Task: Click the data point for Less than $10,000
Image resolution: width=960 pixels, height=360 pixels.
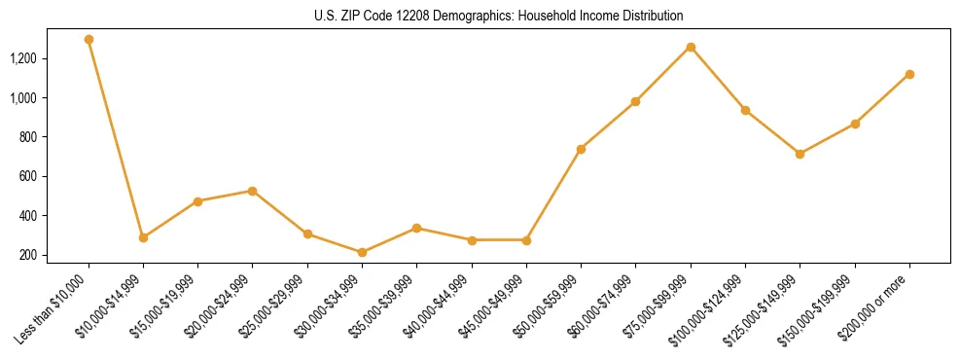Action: (x=89, y=40)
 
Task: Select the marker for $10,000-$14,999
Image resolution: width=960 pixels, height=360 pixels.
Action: (x=143, y=237)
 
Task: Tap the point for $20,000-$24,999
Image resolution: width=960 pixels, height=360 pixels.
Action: (x=253, y=191)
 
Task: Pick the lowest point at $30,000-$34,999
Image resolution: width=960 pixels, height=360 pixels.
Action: (x=362, y=252)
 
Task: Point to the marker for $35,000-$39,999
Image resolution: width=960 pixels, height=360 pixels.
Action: (x=416, y=228)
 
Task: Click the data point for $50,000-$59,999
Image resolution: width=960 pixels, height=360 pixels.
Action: (x=581, y=149)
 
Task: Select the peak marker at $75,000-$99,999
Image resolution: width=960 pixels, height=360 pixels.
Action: (x=691, y=47)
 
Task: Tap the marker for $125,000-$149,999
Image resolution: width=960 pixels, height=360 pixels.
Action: (x=800, y=154)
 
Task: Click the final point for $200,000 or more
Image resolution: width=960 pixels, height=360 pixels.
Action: (x=909, y=74)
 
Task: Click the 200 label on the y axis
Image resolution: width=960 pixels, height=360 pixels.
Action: (x=54, y=255)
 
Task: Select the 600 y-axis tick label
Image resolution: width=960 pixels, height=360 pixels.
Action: (x=54, y=176)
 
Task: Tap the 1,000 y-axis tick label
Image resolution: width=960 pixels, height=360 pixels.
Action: (x=50, y=98)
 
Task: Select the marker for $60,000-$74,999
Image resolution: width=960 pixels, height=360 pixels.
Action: (x=635, y=101)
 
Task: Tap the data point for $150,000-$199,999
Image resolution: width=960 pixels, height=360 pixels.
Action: (x=855, y=124)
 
